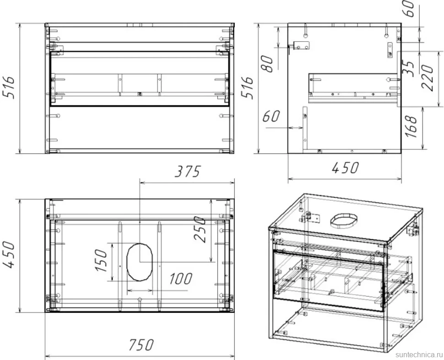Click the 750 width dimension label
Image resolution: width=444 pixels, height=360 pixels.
click(141, 345)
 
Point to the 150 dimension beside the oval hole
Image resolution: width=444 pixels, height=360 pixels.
click(101, 260)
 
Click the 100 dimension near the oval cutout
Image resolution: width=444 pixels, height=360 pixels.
click(181, 278)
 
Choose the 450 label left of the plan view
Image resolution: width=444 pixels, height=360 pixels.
click(9, 255)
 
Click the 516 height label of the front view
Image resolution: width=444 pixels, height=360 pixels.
click(9, 87)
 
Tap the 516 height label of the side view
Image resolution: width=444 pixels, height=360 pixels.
click(248, 87)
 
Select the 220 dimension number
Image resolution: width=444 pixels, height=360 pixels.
click(427, 77)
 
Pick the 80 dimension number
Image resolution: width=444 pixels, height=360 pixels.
click(267, 64)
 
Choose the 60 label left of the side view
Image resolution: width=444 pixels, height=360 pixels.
click(271, 116)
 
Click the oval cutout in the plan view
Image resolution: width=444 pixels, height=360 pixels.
click(140, 262)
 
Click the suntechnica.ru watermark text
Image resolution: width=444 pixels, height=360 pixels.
click(418, 355)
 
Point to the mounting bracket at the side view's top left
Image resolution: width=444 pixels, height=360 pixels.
click(302, 45)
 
